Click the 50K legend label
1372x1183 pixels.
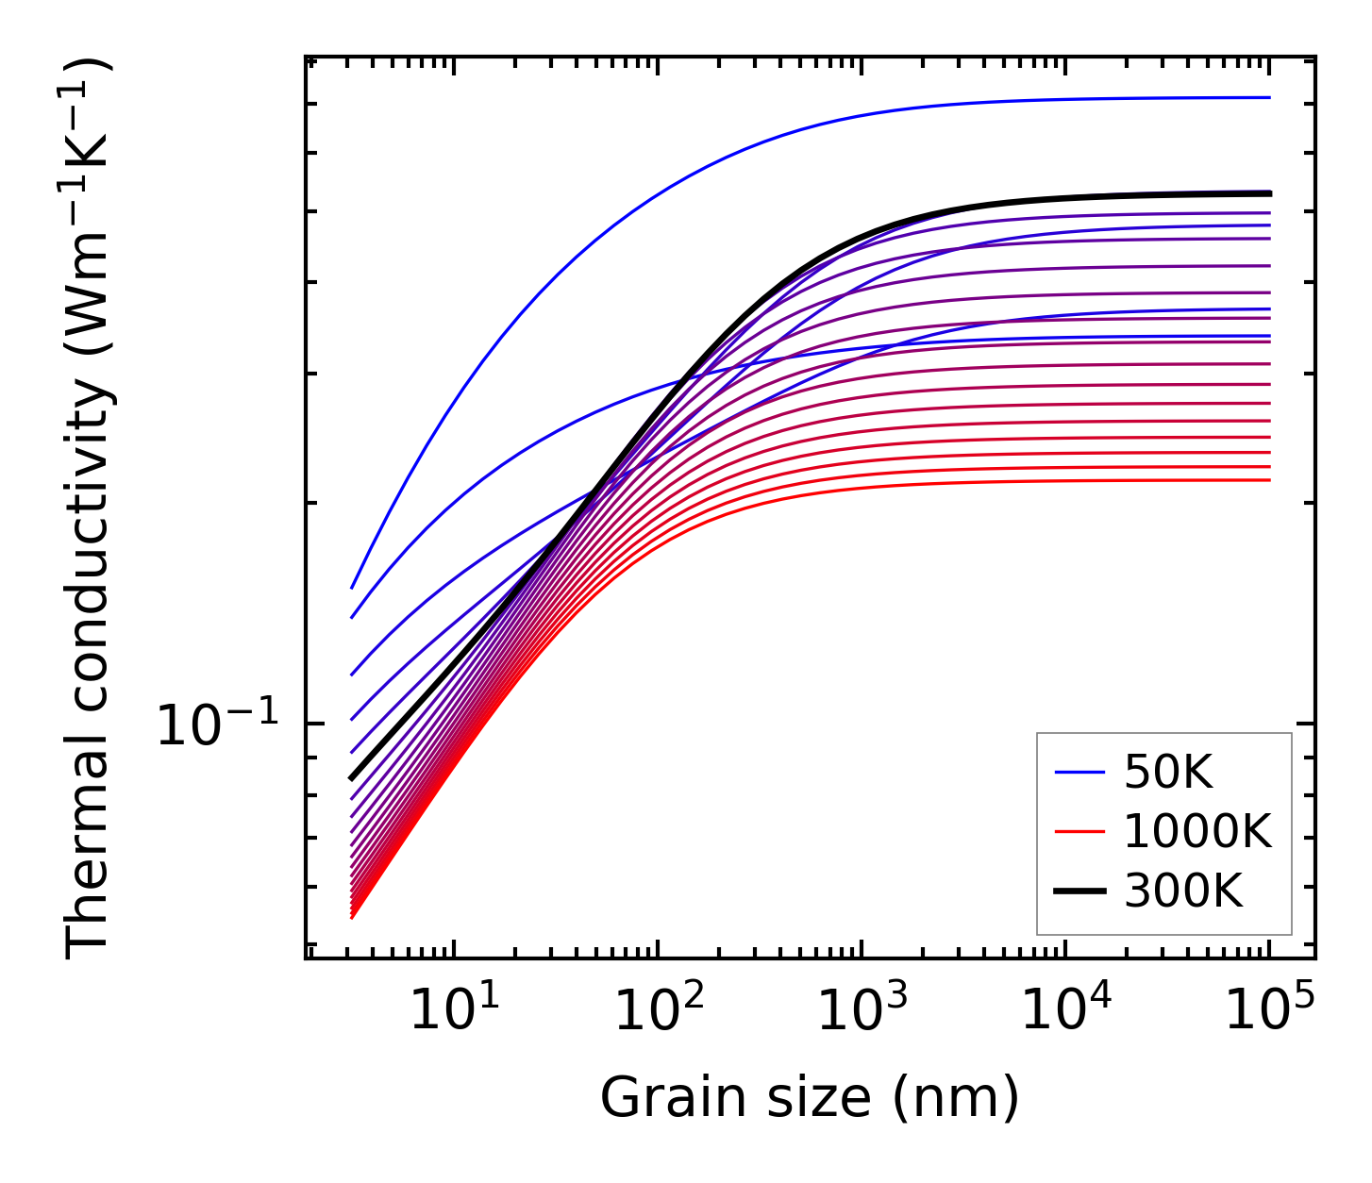point(1168,774)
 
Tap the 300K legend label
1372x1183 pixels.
point(1183,891)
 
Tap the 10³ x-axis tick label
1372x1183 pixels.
point(862,1011)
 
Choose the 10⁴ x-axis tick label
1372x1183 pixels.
point(1065,1011)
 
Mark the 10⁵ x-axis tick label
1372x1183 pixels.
point(1269,1011)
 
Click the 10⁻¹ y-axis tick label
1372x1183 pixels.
point(218,726)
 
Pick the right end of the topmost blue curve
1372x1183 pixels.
point(1269,97)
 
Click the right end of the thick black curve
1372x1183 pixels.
point(1270,193)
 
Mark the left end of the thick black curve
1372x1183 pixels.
point(351,778)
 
